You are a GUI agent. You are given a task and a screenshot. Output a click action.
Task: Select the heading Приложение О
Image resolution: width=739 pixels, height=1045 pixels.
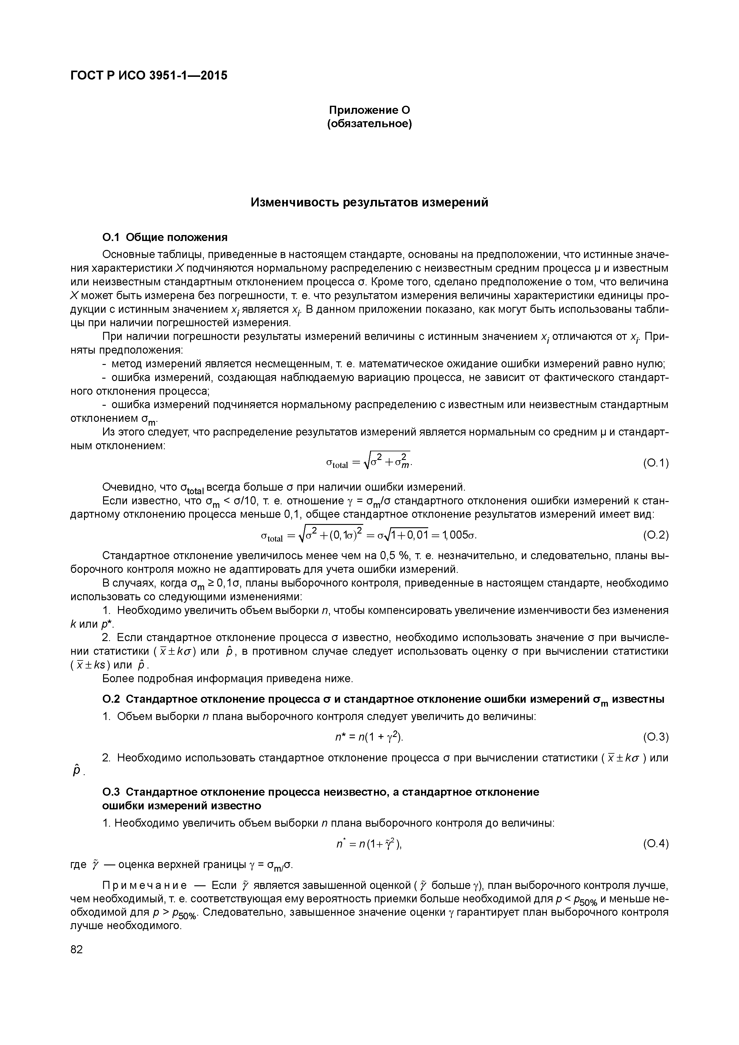(x=369, y=110)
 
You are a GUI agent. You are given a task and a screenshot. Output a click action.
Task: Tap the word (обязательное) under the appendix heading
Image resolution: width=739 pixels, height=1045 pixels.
(x=369, y=124)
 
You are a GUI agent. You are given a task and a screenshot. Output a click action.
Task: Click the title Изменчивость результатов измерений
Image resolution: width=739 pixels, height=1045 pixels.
(x=369, y=203)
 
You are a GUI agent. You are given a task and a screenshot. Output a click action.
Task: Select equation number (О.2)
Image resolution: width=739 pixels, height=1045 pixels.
(x=655, y=535)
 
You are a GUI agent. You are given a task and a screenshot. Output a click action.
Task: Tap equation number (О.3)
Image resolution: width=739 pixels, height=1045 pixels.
(x=655, y=737)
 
